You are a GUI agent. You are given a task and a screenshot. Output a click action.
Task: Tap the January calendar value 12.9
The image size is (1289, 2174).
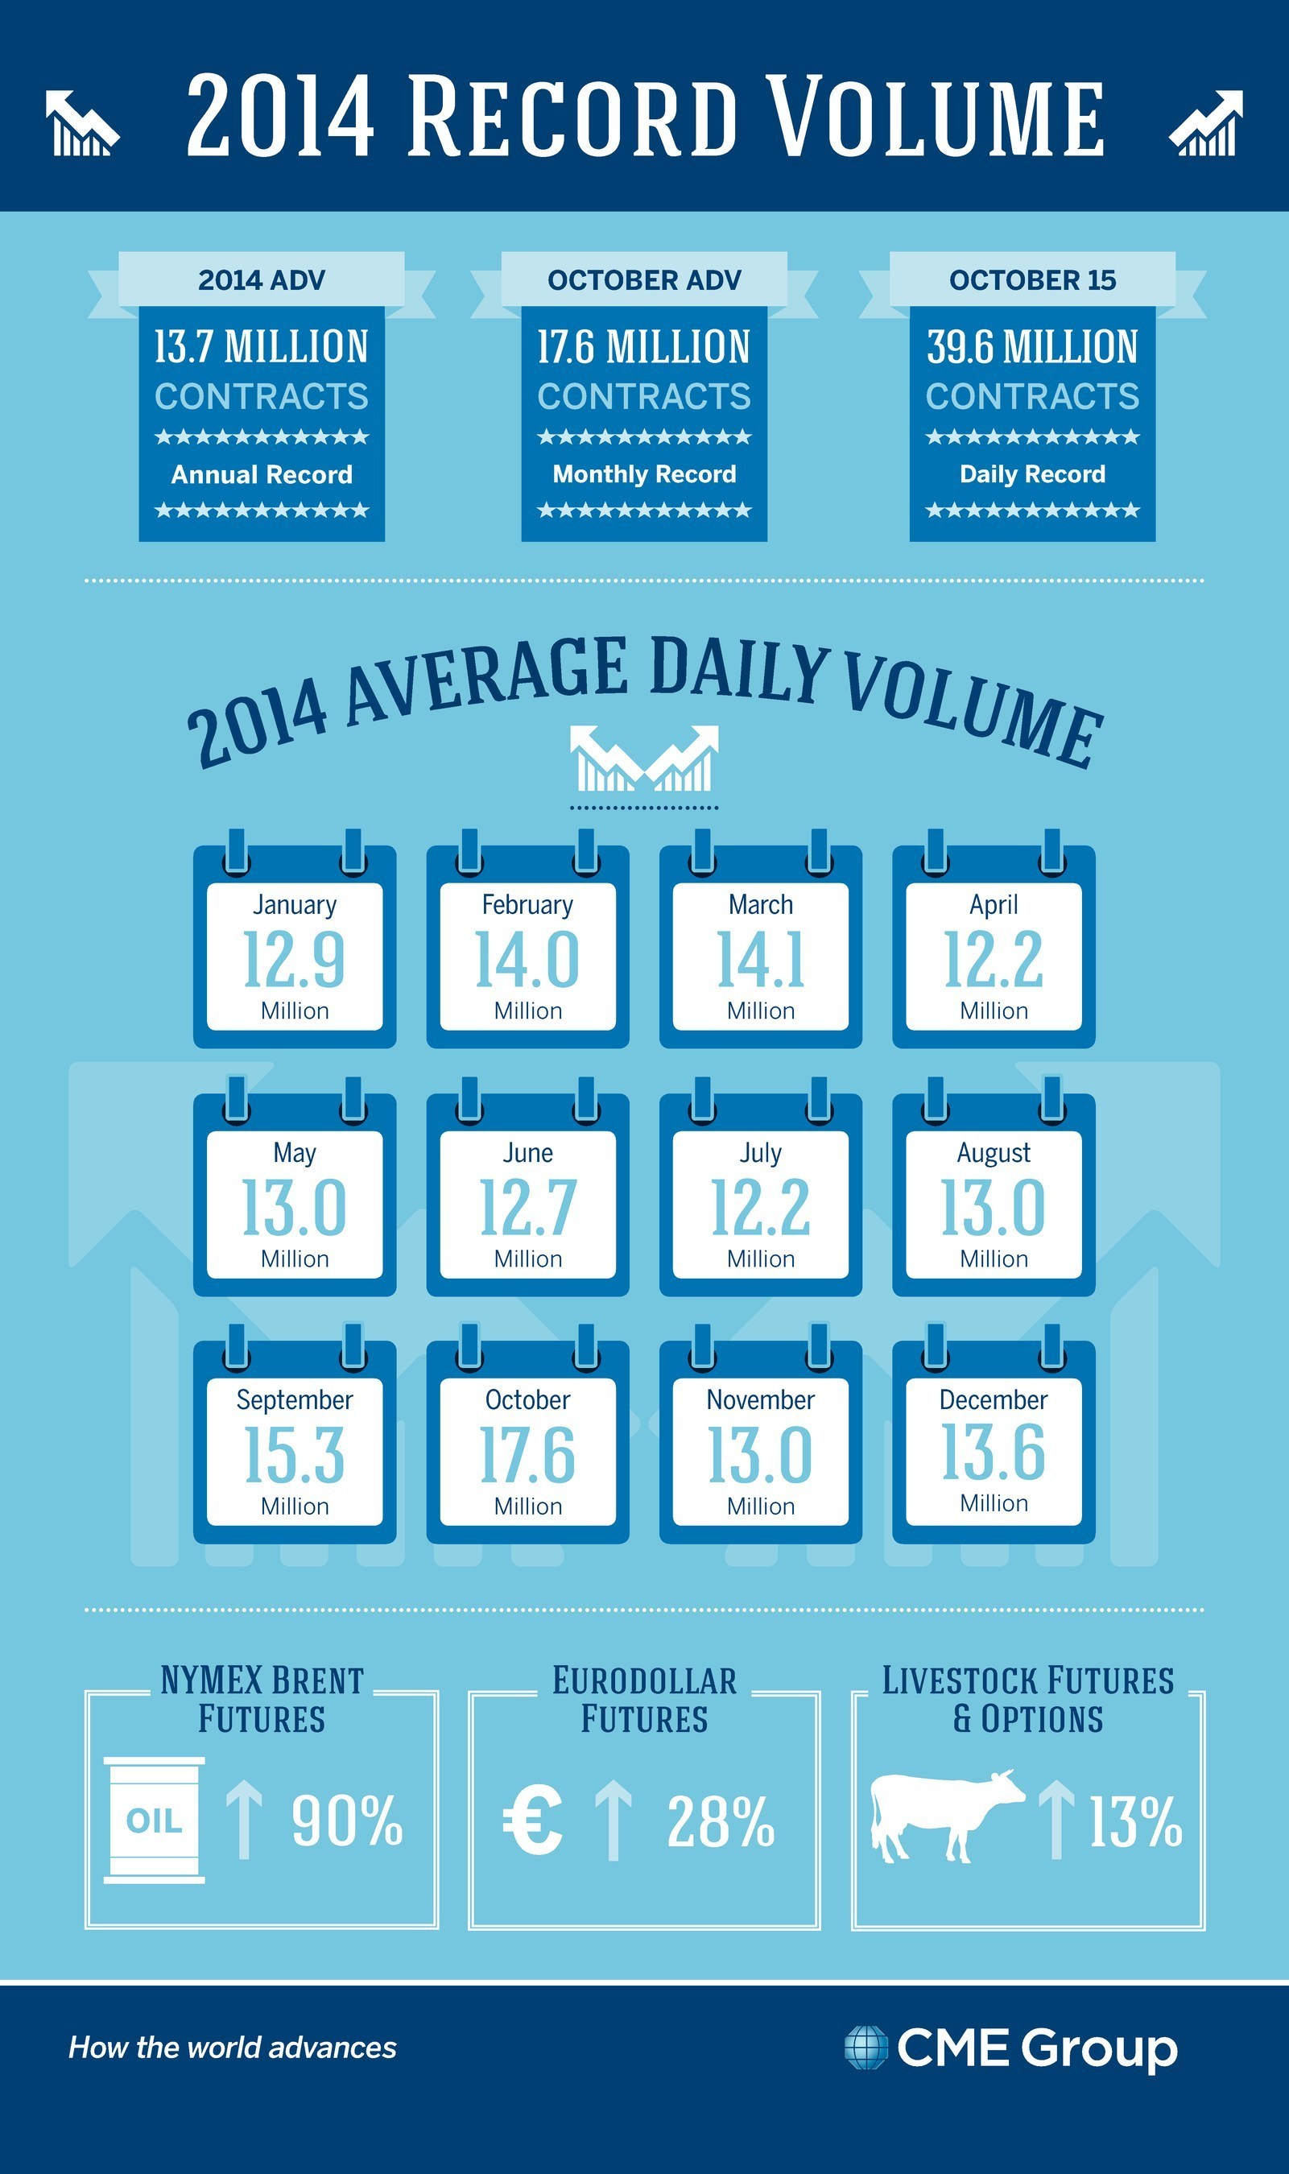[x=295, y=959]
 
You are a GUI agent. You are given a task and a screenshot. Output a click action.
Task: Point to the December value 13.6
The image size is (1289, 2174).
[x=994, y=1452]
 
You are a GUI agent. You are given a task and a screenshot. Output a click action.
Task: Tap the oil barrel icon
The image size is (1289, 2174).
[x=155, y=1820]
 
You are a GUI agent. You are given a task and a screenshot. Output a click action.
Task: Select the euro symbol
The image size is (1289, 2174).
[x=532, y=1820]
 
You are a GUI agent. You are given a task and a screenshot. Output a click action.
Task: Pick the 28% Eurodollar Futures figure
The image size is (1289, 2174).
[x=721, y=1821]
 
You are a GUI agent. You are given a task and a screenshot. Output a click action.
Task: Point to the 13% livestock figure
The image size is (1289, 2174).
[x=1136, y=1821]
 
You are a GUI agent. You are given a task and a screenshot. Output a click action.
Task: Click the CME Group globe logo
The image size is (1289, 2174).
[x=866, y=2048]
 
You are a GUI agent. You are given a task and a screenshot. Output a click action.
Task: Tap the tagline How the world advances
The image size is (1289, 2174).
[x=233, y=2048]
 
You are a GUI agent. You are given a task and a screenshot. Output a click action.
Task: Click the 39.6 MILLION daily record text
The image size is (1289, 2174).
[x=1032, y=346]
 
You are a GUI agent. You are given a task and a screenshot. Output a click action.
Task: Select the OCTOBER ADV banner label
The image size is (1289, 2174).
[x=643, y=279]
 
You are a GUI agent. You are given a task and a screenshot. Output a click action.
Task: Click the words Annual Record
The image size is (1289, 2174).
[x=262, y=474]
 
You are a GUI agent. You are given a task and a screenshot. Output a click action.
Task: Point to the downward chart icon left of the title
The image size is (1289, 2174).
[x=81, y=123]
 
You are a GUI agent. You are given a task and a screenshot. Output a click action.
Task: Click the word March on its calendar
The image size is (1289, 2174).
[x=761, y=904]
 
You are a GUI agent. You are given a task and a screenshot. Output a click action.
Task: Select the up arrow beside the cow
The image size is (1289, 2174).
[x=1056, y=1819]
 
